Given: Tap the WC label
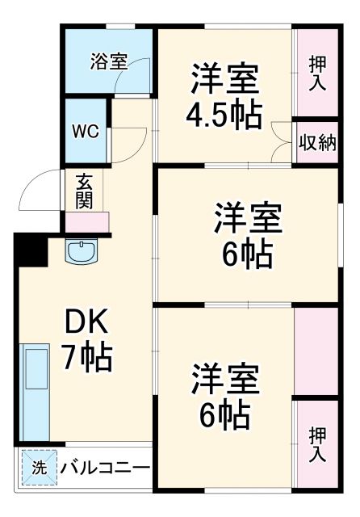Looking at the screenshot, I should pos(86,131).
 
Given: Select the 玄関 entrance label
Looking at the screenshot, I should pos(84,190).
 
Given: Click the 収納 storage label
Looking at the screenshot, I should pos(316,144).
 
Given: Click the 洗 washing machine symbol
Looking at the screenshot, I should pos(38,468).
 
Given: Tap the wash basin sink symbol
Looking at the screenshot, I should pos(80,252).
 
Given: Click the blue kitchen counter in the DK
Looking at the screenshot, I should pos(35,392).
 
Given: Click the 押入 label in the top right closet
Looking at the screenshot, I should pos(316,74).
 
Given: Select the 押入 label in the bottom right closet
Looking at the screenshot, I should pos(316,443).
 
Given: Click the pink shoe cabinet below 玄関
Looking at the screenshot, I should pos(86,221).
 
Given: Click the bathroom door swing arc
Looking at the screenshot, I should pos(122,77).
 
